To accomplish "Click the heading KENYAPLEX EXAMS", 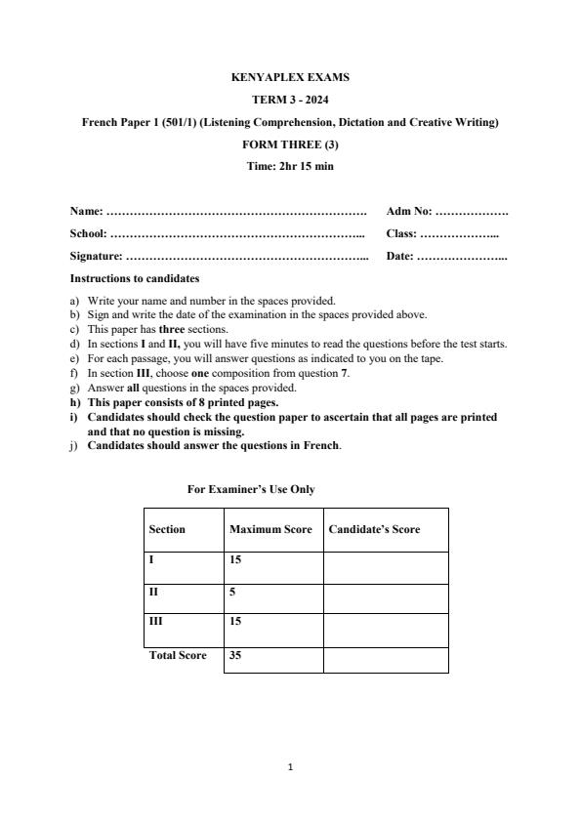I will [x=290, y=77].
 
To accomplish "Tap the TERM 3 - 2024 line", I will [x=290, y=100].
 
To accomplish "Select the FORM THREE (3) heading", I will [x=290, y=144].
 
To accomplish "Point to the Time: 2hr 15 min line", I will [x=290, y=166].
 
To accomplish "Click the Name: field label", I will [x=86, y=211].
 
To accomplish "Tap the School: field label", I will [x=89, y=233].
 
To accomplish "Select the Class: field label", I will [x=401, y=233].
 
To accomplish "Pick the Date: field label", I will [x=399, y=257].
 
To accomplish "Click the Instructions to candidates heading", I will [x=135, y=279].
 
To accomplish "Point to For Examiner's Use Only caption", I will [x=251, y=489].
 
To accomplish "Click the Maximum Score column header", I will [x=270, y=529].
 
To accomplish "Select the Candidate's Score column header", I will [x=374, y=529].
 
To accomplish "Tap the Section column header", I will [x=167, y=529].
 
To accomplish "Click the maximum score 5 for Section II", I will [x=232, y=592].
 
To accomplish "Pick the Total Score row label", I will [x=178, y=656].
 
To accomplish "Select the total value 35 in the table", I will [x=235, y=656].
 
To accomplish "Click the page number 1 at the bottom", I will [x=291, y=767].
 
